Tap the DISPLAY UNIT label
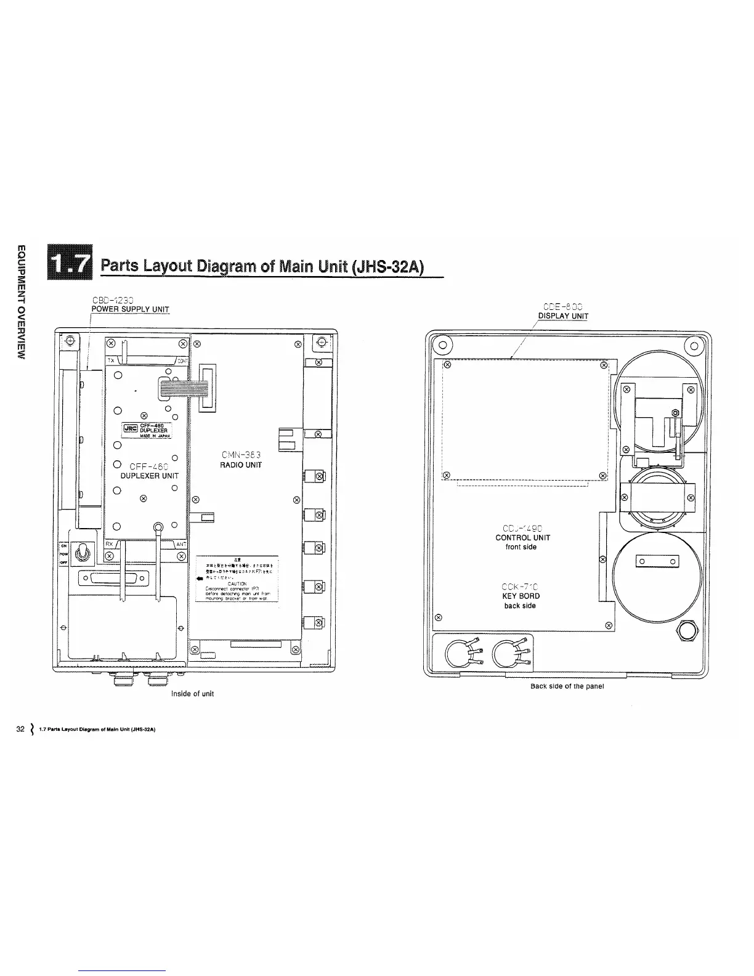pyautogui.click(x=563, y=317)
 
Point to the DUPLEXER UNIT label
pyautogui.click(x=149, y=476)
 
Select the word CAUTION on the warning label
pyautogui.click(x=237, y=583)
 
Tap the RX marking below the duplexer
pyautogui.click(x=109, y=544)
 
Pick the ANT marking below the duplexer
pyautogui.click(x=180, y=544)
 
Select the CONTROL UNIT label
pyautogui.click(x=522, y=538)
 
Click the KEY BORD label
pyautogui.click(x=521, y=596)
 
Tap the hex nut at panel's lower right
pyautogui.click(x=686, y=631)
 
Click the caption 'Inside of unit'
pyautogui.click(x=192, y=694)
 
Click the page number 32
pyautogui.click(x=20, y=730)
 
